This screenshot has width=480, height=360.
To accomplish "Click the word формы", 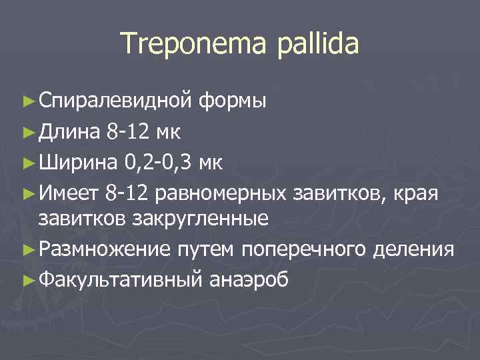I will pos(233,101).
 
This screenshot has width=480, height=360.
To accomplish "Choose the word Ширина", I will pos(76,162).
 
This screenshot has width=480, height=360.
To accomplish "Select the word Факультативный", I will pos(119,279).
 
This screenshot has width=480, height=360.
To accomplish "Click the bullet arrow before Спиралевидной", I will pos(27,101).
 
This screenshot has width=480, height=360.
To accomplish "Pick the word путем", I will pos(206,249).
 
